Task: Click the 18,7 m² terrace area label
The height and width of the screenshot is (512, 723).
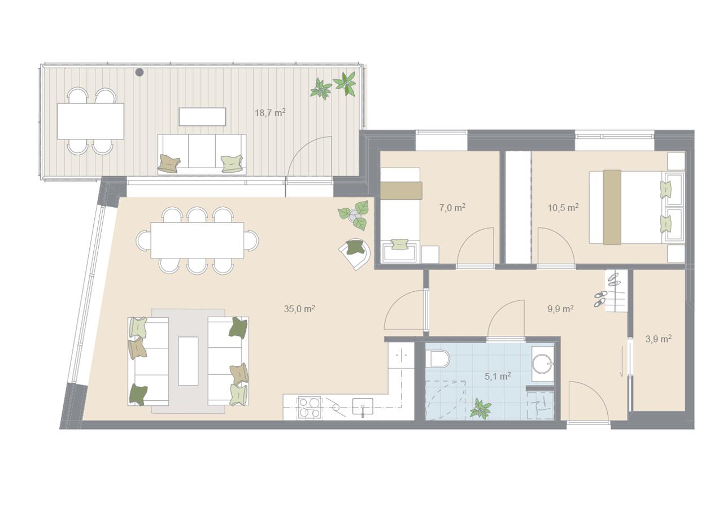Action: [270, 113]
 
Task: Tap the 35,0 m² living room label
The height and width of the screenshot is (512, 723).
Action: [299, 309]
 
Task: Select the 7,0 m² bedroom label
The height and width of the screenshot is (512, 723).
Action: [452, 207]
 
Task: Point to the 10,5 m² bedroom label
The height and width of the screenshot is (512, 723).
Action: [563, 207]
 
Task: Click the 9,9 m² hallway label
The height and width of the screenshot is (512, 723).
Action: [560, 309]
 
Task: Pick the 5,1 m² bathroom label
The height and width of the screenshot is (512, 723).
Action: [498, 376]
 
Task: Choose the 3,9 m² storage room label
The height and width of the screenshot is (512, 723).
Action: [659, 339]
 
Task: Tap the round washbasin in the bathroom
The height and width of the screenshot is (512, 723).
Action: [542, 364]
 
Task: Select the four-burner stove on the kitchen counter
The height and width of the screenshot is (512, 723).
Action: [310, 408]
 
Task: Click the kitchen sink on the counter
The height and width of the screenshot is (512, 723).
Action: [363, 406]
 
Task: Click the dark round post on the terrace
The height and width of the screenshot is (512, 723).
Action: [140, 72]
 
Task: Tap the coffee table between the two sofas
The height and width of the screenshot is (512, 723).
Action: [188, 361]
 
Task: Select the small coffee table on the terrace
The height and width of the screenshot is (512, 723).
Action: [202, 117]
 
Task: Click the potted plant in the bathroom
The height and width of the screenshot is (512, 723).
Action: [480, 409]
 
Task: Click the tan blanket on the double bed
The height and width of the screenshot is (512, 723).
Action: [612, 207]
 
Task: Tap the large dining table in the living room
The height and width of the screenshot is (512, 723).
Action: [197, 240]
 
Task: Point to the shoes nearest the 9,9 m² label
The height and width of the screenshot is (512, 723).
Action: [600, 299]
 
